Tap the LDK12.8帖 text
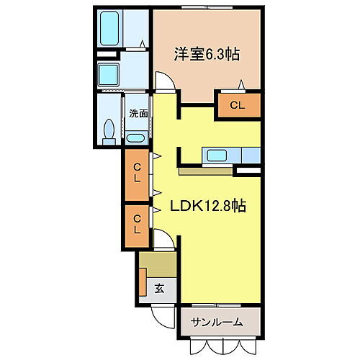[x=208, y=206]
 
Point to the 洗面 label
[x=138, y=113]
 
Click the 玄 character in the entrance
[x=158, y=289]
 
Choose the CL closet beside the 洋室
[x=238, y=105]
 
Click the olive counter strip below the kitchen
[x=205, y=171]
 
